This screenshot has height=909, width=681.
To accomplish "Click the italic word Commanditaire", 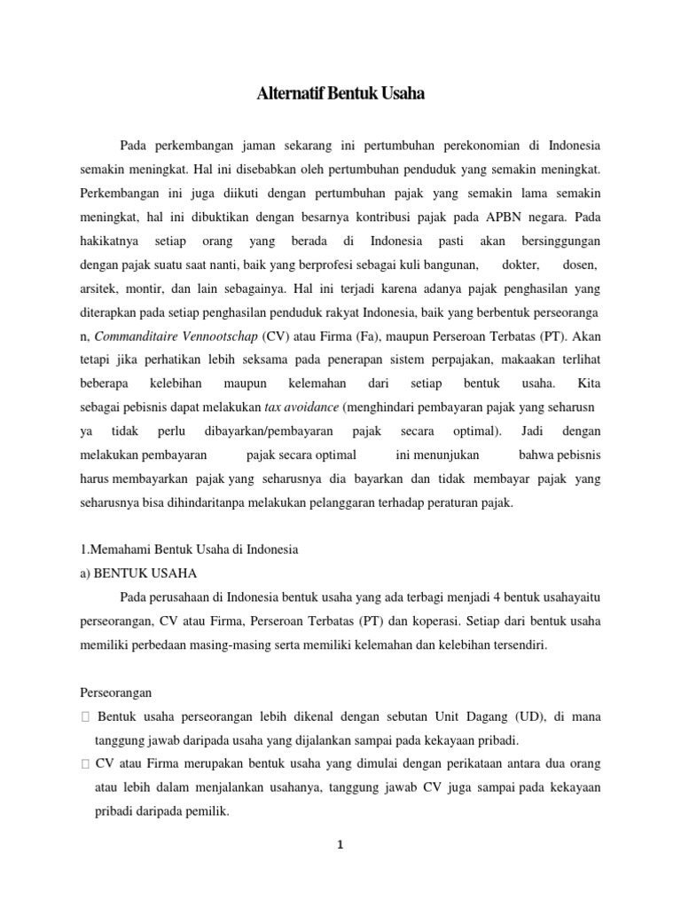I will pyautogui.click(x=136, y=336).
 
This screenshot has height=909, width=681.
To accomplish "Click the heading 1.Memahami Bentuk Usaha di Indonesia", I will pyautogui.click(x=189, y=549).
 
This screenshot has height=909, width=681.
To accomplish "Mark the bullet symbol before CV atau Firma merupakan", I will pyautogui.click(x=84, y=764).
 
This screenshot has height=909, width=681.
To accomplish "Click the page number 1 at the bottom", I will pyautogui.click(x=339, y=845).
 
